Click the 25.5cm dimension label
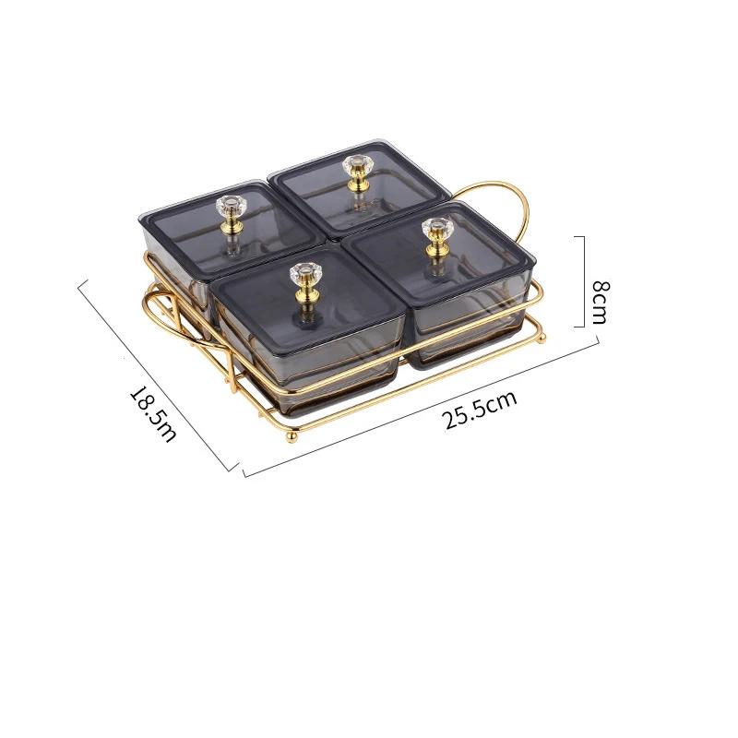pos(479,409)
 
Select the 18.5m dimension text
pos(153,413)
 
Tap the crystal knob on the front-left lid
pos(305,272)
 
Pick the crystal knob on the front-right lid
pos(437,228)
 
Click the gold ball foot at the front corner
pos(292,436)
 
